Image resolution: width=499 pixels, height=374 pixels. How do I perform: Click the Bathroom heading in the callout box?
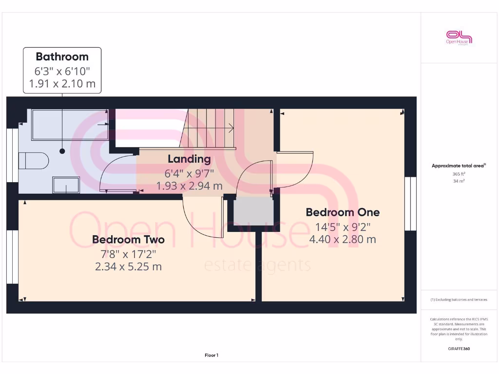pos(62,56)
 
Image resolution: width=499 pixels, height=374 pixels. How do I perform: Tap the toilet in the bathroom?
pos(34,160)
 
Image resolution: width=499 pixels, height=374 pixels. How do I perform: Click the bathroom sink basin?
pos(66,185)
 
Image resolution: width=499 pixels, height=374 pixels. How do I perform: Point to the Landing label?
pos(189,159)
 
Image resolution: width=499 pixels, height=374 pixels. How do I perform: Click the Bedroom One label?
pos(342,212)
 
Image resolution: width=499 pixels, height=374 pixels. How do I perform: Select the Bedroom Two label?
pos(128,240)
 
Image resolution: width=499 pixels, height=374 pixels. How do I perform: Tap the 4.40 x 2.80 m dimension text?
pos(342,239)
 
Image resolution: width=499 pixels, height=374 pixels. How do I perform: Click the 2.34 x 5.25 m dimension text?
pos(128,266)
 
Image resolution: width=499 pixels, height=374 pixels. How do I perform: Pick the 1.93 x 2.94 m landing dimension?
pos(189,186)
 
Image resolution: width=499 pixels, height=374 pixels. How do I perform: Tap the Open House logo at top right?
pos(459,37)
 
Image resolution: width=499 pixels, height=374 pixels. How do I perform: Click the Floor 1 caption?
pos(211,355)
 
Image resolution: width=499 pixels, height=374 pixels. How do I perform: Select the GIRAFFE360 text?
pos(459,349)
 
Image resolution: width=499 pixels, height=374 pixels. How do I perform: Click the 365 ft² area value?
pos(459,173)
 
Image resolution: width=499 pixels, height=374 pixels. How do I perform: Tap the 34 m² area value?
pos(459,181)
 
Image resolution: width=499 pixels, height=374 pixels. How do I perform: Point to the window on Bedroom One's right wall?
pos(410,203)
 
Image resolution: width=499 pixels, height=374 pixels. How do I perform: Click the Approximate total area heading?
pos(458,166)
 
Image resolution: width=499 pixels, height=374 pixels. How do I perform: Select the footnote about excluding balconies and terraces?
pos(459,299)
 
